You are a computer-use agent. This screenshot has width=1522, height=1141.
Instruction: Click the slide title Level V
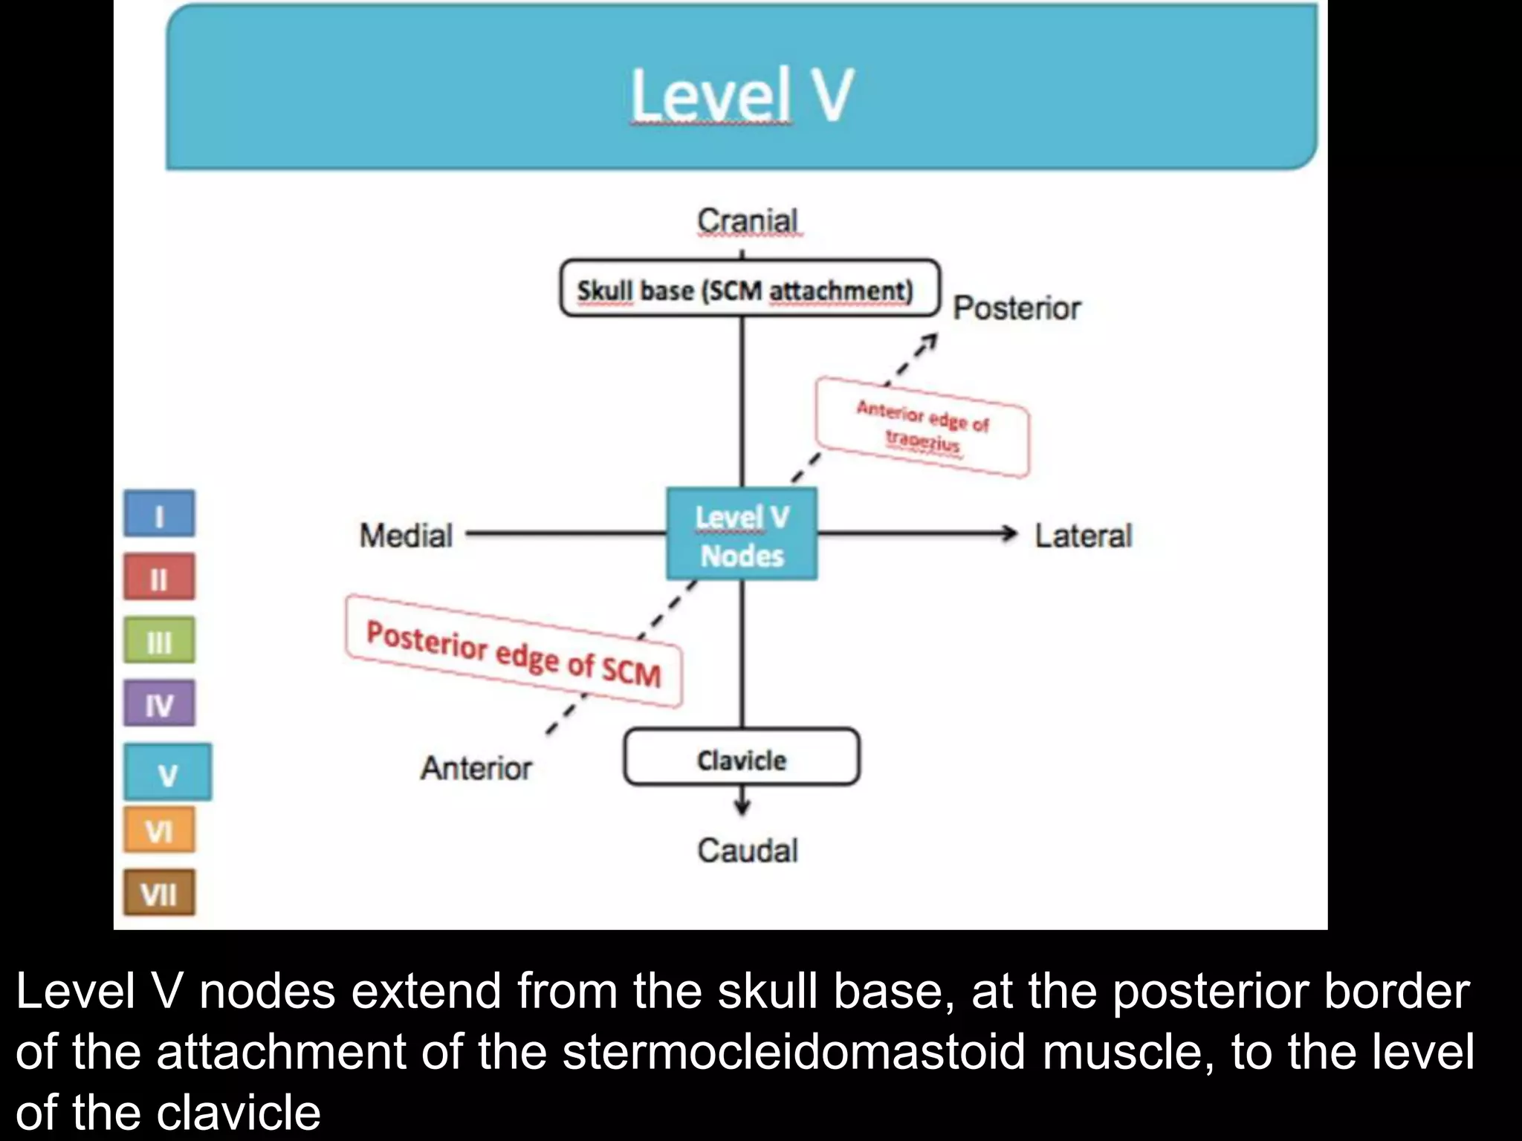742,95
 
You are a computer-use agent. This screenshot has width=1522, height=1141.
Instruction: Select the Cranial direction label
748,221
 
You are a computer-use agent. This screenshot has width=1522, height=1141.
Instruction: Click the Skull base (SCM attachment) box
749,289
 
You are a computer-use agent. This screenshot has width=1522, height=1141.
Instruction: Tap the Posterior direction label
1016,308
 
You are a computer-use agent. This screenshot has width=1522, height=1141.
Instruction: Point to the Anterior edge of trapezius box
922,427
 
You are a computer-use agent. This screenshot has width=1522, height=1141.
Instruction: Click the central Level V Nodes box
742,534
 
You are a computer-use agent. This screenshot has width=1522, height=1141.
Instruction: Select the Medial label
406,536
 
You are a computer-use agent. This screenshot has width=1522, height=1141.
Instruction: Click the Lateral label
1083,536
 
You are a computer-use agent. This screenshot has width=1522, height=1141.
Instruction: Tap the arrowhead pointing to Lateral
1009,533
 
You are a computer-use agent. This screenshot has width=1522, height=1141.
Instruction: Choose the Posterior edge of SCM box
513,651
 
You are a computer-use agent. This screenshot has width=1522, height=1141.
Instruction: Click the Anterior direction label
476,768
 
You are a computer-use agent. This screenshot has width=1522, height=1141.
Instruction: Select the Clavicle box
742,758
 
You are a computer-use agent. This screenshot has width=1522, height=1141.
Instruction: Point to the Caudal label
748,851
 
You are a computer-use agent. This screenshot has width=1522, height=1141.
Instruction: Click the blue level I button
159,514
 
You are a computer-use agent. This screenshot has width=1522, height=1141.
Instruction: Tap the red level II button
159,577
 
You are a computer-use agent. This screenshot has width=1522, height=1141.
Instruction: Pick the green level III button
159,640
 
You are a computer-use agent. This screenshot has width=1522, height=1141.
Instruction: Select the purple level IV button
159,703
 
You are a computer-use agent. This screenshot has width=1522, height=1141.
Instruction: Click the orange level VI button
159,830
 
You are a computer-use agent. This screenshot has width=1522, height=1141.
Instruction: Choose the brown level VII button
159,893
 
